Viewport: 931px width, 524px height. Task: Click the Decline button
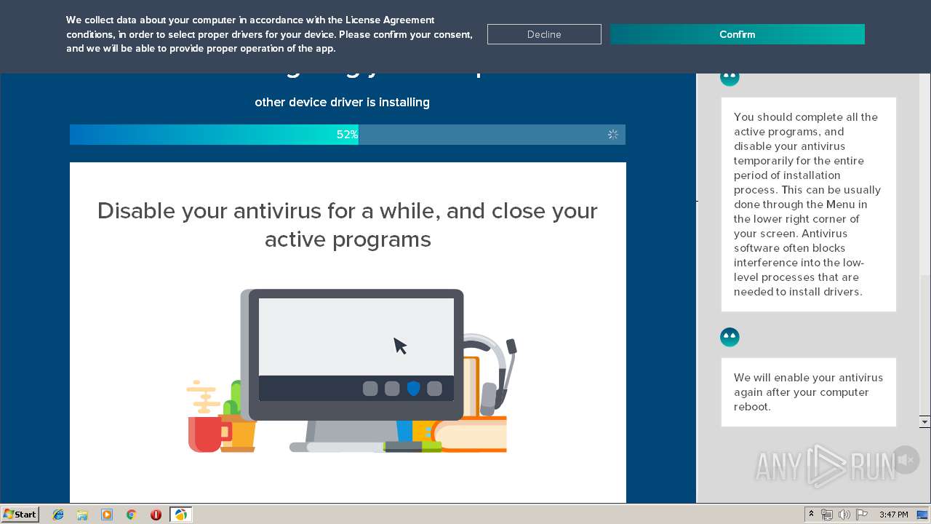[544, 34]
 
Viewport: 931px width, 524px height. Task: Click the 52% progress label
[347, 135]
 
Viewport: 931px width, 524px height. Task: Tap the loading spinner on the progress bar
[613, 135]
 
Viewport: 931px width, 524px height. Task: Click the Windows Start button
[20, 515]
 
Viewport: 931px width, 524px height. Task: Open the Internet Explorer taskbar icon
[58, 515]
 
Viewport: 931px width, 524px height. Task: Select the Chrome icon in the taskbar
[131, 515]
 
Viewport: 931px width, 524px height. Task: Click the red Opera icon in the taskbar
[156, 515]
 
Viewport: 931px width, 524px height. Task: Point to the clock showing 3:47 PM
[893, 515]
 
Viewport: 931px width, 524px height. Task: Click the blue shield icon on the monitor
[413, 389]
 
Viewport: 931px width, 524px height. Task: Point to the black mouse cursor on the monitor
[400, 346]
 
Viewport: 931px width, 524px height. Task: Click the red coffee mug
[204, 434]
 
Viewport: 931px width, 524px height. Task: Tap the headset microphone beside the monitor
[511, 346]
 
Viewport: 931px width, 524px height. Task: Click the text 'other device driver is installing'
[342, 103]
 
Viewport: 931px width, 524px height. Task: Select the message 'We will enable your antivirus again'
[808, 392]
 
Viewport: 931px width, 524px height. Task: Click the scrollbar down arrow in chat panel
[924, 422]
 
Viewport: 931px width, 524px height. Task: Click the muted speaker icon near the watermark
[906, 460]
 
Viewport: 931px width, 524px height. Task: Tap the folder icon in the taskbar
[82, 515]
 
